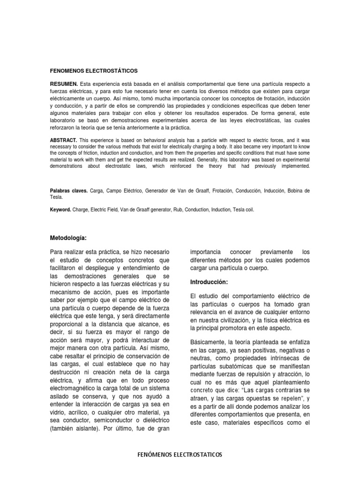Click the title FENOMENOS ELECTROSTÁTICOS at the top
[94, 70]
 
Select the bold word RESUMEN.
[64, 84]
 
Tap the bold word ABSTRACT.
[64, 140]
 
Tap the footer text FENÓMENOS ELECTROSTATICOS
[180, 455]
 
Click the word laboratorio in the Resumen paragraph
[65, 121]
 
